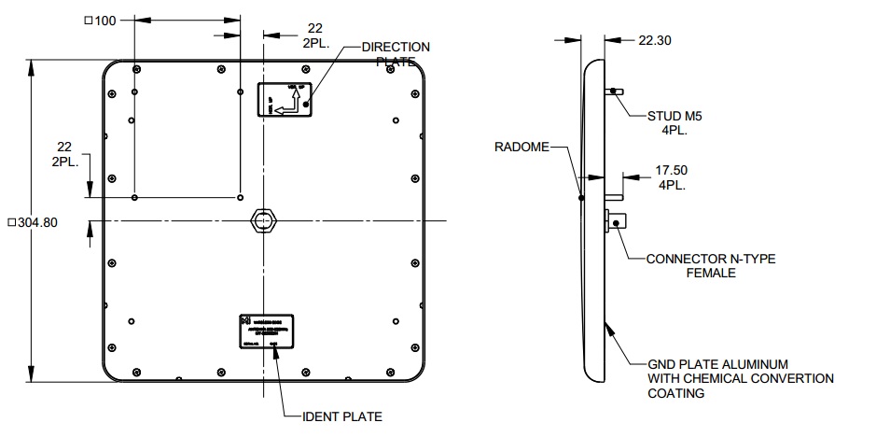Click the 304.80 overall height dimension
33,222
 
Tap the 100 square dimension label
100,21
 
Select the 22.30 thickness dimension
655,40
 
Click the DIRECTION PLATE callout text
396,53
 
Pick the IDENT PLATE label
341,416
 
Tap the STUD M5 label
674,117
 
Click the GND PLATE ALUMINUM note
719,363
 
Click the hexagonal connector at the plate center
264,219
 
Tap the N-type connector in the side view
619,222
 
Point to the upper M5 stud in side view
617,91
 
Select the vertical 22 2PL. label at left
64,154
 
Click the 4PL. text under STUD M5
674,131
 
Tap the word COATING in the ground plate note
677,393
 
